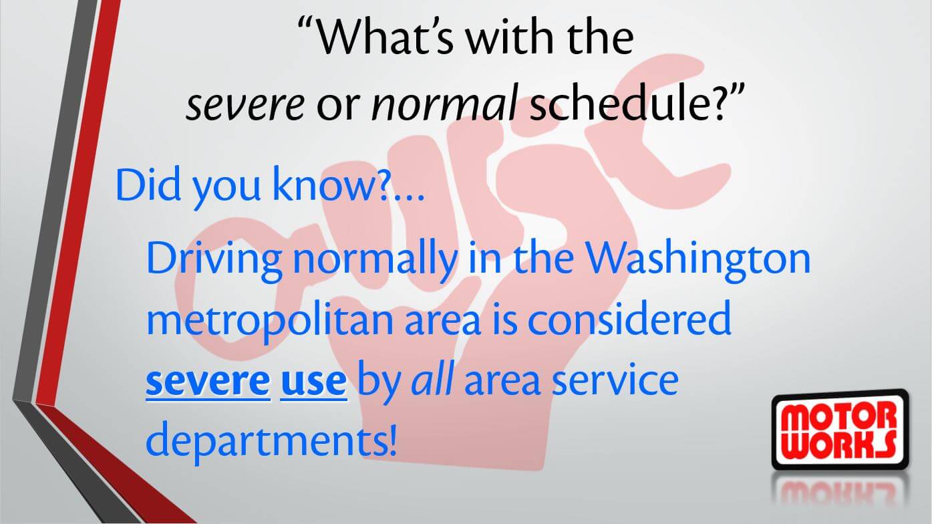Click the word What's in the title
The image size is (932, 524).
[x=383, y=36]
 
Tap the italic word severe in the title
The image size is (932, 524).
[x=245, y=104]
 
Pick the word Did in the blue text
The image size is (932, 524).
[x=148, y=184]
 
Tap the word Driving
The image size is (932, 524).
[x=214, y=261]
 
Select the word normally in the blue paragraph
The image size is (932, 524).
[x=375, y=261]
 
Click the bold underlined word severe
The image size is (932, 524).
[x=208, y=381]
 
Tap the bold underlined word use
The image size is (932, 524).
[x=313, y=381]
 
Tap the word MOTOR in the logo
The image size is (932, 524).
[x=838, y=418]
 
